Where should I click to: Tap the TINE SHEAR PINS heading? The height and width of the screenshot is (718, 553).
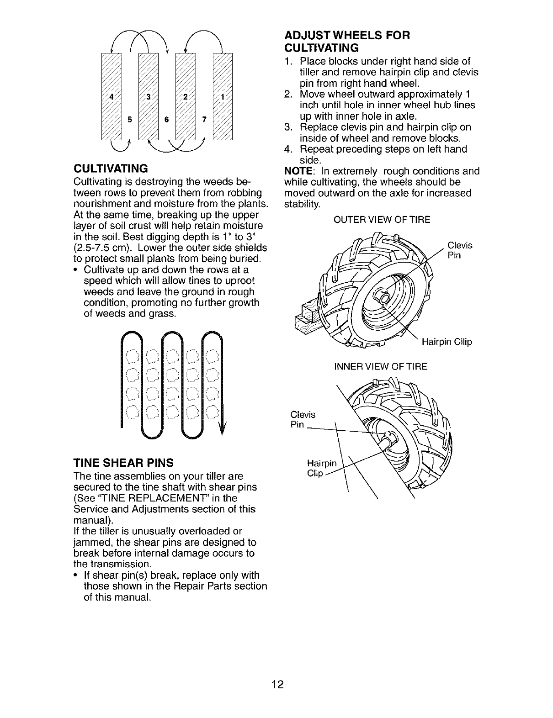click(123, 462)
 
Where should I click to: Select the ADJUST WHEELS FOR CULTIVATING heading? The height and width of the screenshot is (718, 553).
click(347, 41)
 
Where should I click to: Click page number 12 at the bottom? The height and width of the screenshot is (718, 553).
click(277, 684)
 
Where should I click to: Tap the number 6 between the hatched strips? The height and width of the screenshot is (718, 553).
click(166, 120)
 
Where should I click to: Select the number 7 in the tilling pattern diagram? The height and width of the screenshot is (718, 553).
click(204, 120)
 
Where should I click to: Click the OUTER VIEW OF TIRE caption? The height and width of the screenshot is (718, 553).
click(382, 220)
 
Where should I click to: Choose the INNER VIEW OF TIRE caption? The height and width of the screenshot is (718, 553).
click(381, 366)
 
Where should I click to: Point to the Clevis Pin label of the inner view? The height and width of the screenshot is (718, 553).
click(303, 419)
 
